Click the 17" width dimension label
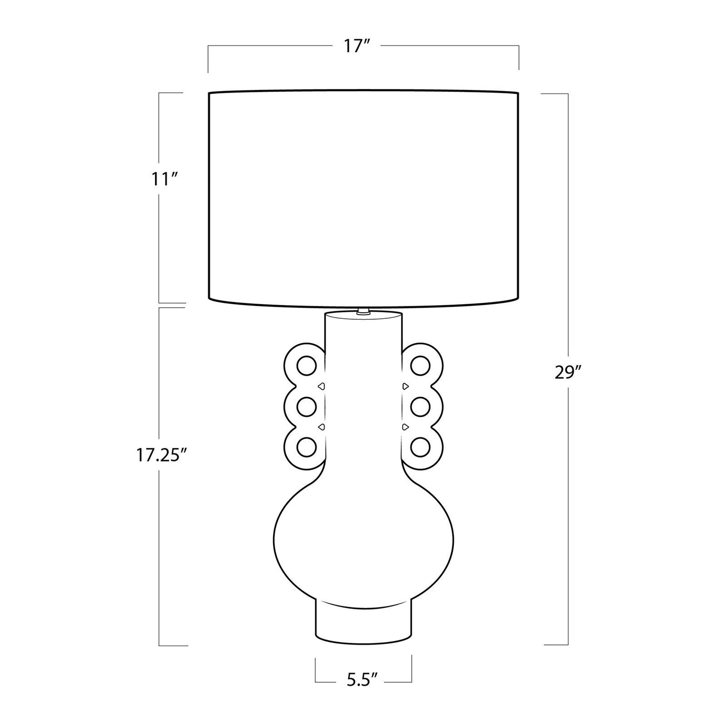pyautogui.click(x=356, y=47)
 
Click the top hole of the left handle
pyautogui.click(x=306, y=365)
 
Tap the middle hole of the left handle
pyautogui.click(x=306, y=407)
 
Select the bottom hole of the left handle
pyautogui.click(x=306, y=447)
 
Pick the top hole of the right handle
pyautogui.click(x=420, y=365)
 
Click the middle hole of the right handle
pyautogui.click(x=420, y=407)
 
